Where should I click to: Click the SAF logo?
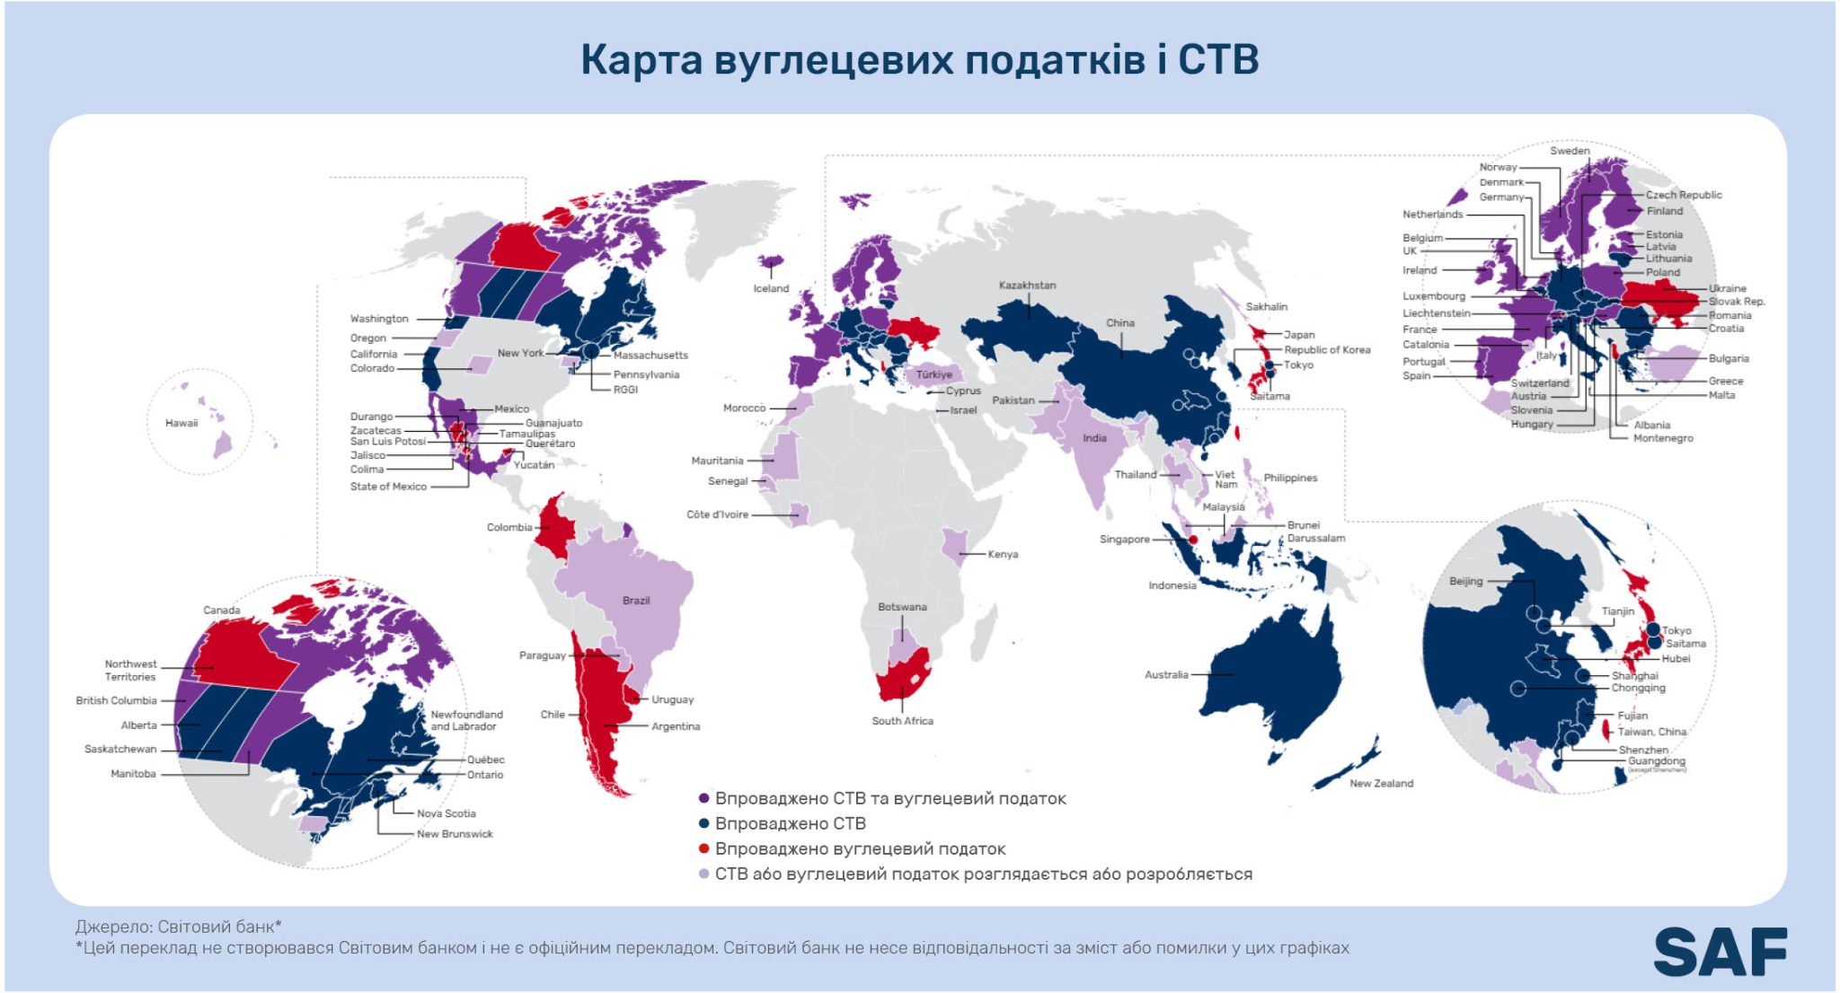coord(1720,952)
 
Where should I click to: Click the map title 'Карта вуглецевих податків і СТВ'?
coord(919,60)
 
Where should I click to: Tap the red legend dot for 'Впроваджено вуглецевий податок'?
coord(704,848)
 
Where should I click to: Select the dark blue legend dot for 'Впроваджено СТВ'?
coord(704,823)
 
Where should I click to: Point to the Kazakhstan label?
coord(1027,286)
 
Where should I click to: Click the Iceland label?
coord(771,288)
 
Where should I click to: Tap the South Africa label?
coord(902,721)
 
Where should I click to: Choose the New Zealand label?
coord(1381,784)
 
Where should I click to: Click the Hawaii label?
coord(181,423)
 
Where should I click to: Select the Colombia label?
coord(509,527)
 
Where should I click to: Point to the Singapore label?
coord(1124,540)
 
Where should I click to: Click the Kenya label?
coord(1003,555)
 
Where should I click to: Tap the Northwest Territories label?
coord(130,671)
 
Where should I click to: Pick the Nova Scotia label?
coord(446,813)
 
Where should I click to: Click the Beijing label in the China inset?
coord(1465,581)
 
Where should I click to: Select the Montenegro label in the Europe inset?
coord(1663,438)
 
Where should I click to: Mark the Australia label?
coord(1166,675)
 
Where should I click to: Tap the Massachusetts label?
coord(650,356)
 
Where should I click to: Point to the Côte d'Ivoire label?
coord(717,514)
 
